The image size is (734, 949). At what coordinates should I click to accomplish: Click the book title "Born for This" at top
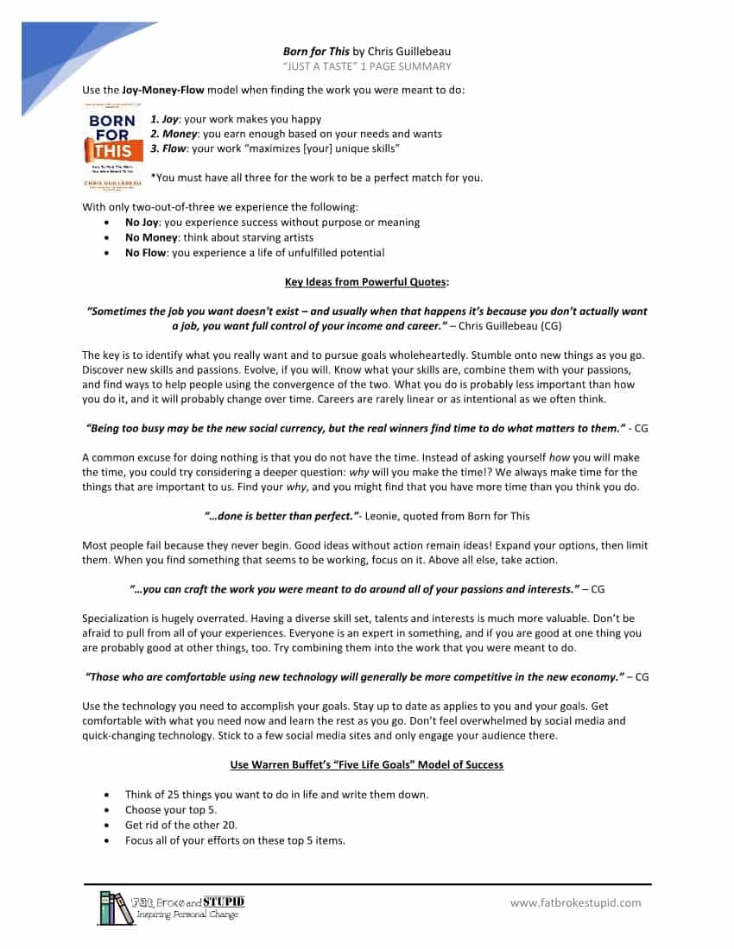(316, 52)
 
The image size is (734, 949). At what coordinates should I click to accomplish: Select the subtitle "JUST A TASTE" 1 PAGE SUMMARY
(367, 66)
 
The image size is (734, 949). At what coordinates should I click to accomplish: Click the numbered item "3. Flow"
(170, 148)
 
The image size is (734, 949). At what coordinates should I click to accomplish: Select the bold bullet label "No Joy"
(143, 222)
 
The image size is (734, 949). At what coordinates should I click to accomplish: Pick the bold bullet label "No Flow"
(145, 253)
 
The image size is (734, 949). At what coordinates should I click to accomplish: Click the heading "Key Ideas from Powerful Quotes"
(367, 282)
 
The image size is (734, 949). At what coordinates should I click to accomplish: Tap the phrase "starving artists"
(275, 237)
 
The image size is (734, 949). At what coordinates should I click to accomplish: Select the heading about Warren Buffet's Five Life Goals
(367, 764)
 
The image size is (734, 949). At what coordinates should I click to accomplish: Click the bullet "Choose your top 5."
(171, 810)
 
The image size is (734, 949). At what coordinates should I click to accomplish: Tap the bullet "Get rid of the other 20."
(181, 825)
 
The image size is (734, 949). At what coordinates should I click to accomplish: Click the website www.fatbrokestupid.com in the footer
(576, 903)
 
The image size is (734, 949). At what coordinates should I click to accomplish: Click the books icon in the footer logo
(116, 908)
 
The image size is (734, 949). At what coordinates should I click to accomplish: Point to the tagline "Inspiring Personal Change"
(187, 914)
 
